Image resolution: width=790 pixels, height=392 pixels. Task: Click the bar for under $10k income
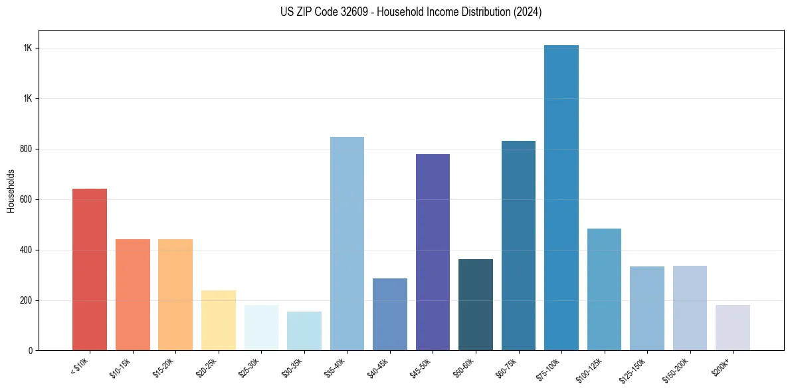pyautogui.click(x=90, y=269)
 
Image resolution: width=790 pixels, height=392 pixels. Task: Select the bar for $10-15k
pyautogui.click(x=132, y=294)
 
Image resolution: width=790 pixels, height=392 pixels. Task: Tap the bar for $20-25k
pyautogui.click(x=218, y=320)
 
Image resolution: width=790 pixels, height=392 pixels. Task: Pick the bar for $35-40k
pyautogui.click(x=347, y=243)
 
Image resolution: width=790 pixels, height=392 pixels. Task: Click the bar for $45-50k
pyautogui.click(x=433, y=252)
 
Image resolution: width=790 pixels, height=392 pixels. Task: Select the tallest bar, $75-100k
pyautogui.click(x=561, y=197)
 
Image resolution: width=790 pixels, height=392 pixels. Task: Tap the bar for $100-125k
pyautogui.click(x=604, y=289)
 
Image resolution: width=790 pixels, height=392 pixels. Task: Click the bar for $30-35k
pyautogui.click(x=304, y=331)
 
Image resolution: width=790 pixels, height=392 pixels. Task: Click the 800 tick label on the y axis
pyautogui.click(x=27, y=149)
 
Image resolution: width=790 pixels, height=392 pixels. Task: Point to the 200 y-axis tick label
pyautogui.click(x=27, y=300)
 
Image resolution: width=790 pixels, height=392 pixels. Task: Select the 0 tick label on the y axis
pyautogui.click(x=31, y=351)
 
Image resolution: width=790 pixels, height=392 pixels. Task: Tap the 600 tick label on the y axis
pyautogui.click(x=27, y=199)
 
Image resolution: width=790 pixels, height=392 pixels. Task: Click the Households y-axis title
pyautogui.click(x=11, y=191)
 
